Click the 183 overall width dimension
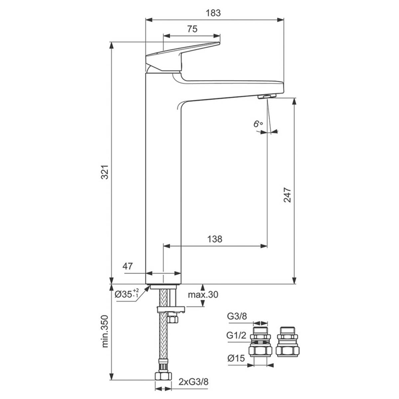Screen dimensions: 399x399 coord(213,13)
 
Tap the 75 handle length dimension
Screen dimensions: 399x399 coord(192,29)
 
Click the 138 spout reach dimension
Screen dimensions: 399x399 coord(215,239)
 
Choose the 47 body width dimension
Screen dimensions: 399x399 coord(127,266)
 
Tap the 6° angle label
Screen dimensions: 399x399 coord(258,124)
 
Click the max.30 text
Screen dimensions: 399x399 coord(203,295)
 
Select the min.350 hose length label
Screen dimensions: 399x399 coord(105,331)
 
